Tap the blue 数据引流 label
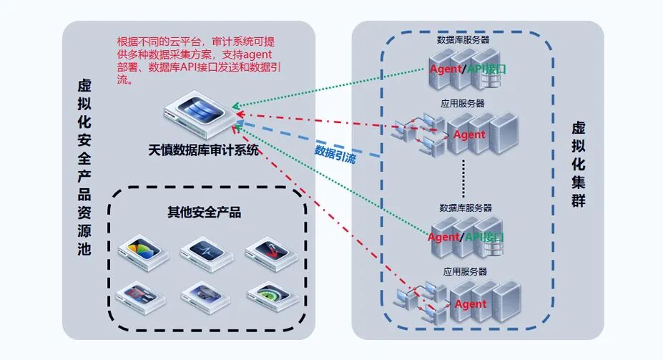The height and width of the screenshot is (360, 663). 335,155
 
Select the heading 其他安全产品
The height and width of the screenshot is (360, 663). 208,213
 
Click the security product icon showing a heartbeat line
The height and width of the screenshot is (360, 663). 207,252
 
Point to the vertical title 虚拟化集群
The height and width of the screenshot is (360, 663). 579,165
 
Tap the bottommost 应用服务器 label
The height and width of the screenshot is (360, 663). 465,271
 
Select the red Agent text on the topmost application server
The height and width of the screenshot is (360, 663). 469,135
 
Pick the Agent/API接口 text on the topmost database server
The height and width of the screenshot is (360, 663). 468,69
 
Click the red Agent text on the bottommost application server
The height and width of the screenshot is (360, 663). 470,303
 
